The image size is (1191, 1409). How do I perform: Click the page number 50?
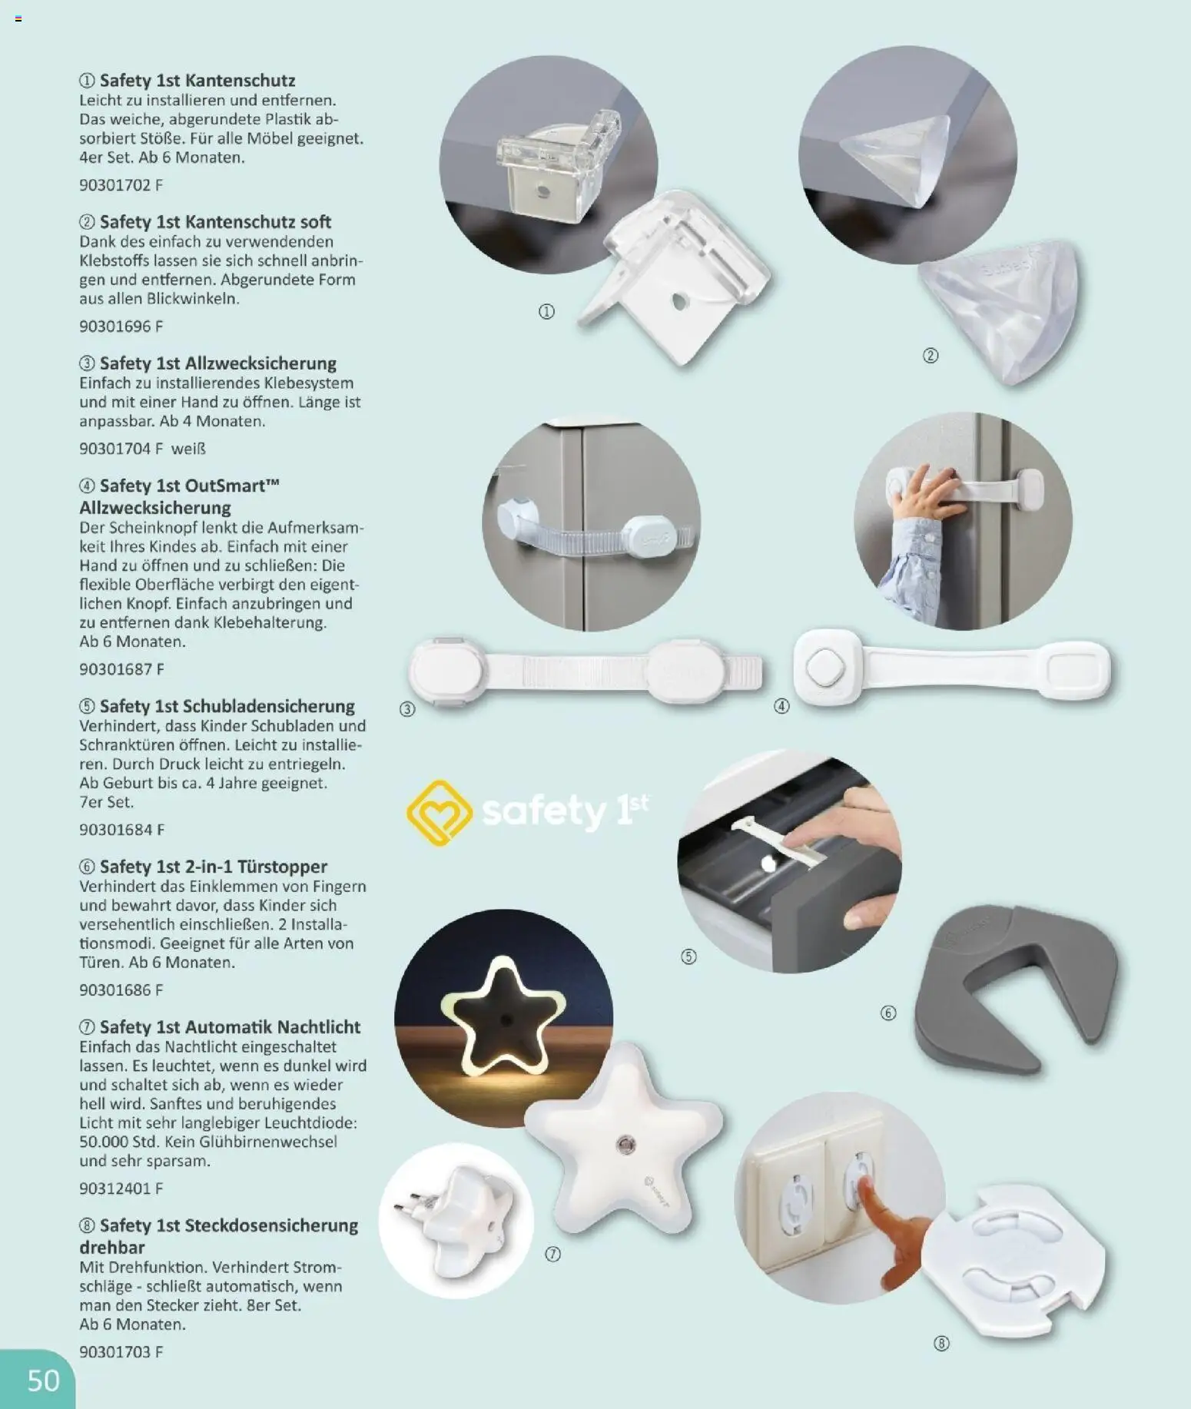click(x=43, y=1380)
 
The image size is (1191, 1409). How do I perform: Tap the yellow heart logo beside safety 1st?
click(x=439, y=813)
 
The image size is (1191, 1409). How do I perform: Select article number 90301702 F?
click(x=121, y=185)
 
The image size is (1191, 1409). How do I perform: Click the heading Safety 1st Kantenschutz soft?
click(x=215, y=222)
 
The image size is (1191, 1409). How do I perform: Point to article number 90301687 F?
click(x=121, y=669)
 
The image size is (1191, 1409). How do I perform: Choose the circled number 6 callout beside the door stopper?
click(x=888, y=1013)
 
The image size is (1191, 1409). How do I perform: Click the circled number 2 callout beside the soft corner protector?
click(x=931, y=356)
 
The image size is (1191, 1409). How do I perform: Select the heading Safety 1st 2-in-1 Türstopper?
click(x=213, y=867)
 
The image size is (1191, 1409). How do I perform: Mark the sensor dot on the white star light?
click(x=625, y=1146)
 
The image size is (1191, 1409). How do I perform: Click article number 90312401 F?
click(x=121, y=1189)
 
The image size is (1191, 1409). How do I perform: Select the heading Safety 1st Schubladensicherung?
click(x=227, y=706)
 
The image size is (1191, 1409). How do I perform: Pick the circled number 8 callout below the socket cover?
click(x=941, y=1344)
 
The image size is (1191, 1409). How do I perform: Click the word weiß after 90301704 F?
click(x=188, y=449)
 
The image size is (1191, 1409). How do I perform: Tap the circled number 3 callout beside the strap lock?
click(x=407, y=709)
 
